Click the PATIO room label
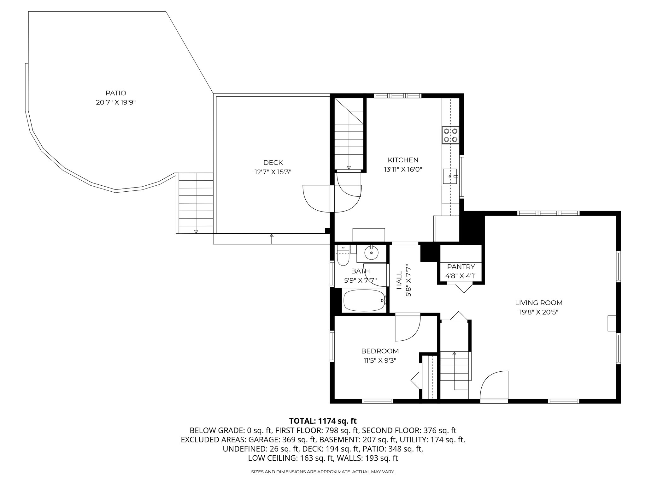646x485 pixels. (x=116, y=93)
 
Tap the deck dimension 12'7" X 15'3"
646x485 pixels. (x=273, y=172)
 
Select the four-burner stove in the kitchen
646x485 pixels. (x=450, y=135)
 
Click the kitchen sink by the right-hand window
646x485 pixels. (x=449, y=176)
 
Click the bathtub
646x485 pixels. (x=364, y=300)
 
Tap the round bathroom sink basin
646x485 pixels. (x=372, y=253)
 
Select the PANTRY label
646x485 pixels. (x=461, y=267)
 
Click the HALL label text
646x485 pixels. (x=399, y=280)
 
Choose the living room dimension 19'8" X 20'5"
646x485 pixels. (x=539, y=312)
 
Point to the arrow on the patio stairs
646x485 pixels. (x=196, y=231)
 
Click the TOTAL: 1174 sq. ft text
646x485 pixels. (x=323, y=421)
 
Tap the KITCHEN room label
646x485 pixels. (x=403, y=160)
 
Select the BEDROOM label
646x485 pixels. (x=380, y=351)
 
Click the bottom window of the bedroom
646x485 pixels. (x=377, y=401)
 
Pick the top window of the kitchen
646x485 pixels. (x=397, y=96)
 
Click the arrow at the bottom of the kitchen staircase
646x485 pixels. (x=349, y=168)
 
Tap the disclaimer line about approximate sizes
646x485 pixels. (x=323, y=472)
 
